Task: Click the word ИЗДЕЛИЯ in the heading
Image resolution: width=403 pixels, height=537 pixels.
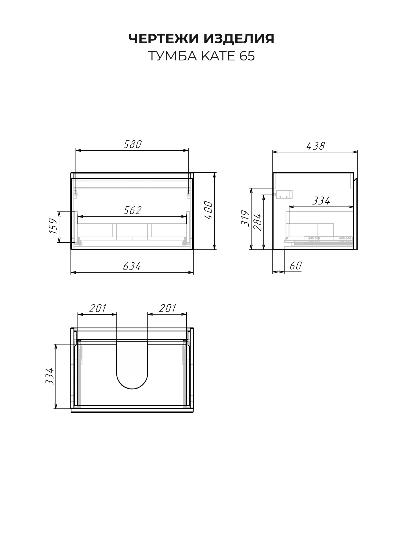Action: pos(239,39)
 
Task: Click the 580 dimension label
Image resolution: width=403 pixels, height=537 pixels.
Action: pos(132,144)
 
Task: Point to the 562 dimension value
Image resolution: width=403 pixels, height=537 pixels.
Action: pos(132,211)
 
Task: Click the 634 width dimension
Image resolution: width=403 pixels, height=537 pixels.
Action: pos(132,266)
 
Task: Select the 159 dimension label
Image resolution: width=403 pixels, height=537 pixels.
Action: pos(53,226)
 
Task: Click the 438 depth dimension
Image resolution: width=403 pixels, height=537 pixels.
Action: pos(315,146)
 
